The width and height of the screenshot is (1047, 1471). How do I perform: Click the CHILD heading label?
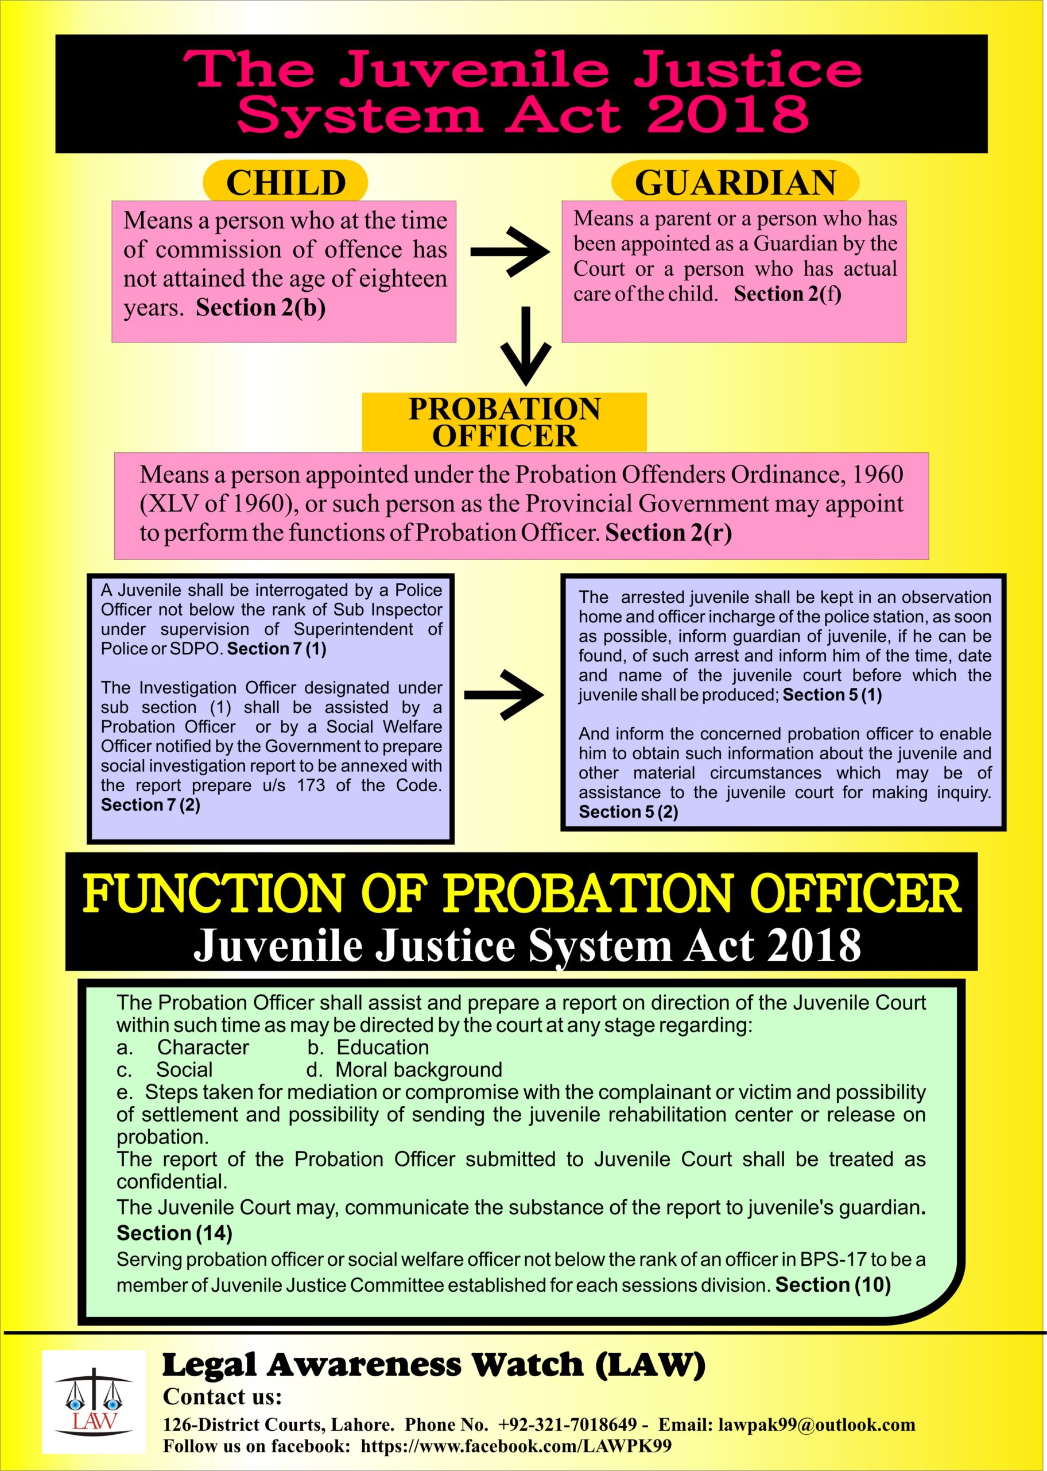286,183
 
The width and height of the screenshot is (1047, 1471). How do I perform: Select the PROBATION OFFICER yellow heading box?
504,422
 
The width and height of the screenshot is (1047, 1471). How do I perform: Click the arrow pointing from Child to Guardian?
509,252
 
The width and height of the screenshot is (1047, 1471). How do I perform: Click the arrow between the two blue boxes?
503,695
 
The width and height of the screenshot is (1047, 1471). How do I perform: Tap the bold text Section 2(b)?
261,308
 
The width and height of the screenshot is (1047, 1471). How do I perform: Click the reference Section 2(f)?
787,294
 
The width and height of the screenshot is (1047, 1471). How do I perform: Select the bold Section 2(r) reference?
669,533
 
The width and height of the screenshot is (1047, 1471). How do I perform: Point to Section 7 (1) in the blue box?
277,648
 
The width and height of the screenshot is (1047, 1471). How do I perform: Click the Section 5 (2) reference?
628,811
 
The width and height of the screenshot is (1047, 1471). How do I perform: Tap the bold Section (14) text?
174,1233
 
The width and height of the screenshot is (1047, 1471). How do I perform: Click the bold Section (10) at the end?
832,1285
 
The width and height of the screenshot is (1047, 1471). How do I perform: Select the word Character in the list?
203,1047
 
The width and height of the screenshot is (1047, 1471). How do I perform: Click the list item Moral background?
418,1070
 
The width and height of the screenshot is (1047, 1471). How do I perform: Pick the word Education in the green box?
382,1047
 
